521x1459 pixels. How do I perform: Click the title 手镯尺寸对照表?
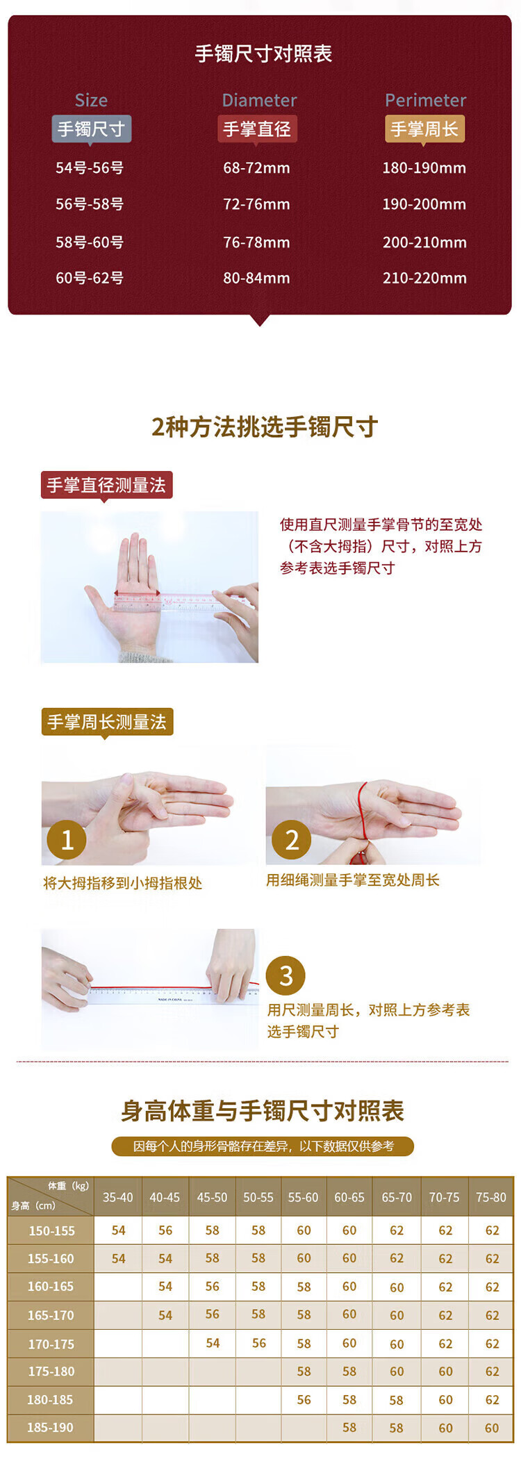(263, 53)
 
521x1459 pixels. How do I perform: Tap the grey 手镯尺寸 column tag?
(91, 129)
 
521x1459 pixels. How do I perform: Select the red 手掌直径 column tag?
(257, 129)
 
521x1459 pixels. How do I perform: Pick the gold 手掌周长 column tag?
(424, 129)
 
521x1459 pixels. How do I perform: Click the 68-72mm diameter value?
(256, 167)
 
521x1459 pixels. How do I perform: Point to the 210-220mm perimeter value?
(424, 278)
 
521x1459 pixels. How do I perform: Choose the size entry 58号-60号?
(90, 242)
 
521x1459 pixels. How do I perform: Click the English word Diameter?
(259, 100)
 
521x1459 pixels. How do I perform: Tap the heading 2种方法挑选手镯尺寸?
(264, 427)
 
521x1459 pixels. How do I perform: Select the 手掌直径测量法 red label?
(106, 485)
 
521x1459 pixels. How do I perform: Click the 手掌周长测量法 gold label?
(107, 723)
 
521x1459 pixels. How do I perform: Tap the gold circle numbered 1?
(67, 839)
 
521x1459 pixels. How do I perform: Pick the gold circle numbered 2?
(292, 839)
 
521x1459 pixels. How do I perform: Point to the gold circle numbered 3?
(286, 975)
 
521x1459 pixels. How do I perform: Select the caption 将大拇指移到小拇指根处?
(122, 883)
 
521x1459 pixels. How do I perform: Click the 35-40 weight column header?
(118, 1197)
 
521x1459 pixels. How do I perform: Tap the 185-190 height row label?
(50, 1427)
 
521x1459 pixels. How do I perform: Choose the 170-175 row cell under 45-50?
(213, 1343)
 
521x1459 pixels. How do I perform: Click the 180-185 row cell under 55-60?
(304, 1399)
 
